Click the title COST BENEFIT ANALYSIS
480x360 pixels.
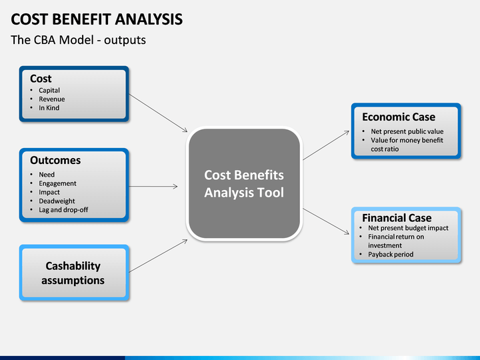pos(97,19)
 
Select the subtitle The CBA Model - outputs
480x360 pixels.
pos(79,40)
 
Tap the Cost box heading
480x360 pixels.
pos(41,79)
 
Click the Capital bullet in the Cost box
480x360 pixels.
pos(49,90)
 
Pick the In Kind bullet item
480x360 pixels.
pos(49,108)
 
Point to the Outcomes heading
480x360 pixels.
pos(55,161)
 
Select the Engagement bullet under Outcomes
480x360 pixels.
pos(57,183)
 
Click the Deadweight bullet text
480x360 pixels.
pos(57,201)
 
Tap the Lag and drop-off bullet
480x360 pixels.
pos(63,210)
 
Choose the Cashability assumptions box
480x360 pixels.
pos(74,273)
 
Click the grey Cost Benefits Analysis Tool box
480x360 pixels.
pos(244,184)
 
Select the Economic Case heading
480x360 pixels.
pos(399,117)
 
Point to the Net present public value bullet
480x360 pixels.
pos(407,131)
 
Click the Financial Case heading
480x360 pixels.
pos(397,218)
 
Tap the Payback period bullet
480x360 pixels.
pos(391,255)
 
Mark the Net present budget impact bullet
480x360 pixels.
pos(408,228)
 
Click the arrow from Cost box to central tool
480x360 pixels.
pos(158,113)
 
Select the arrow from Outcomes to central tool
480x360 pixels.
pos(153,186)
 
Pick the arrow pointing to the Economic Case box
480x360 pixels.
pos(326,145)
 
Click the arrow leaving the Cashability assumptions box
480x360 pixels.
pos(158,256)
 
